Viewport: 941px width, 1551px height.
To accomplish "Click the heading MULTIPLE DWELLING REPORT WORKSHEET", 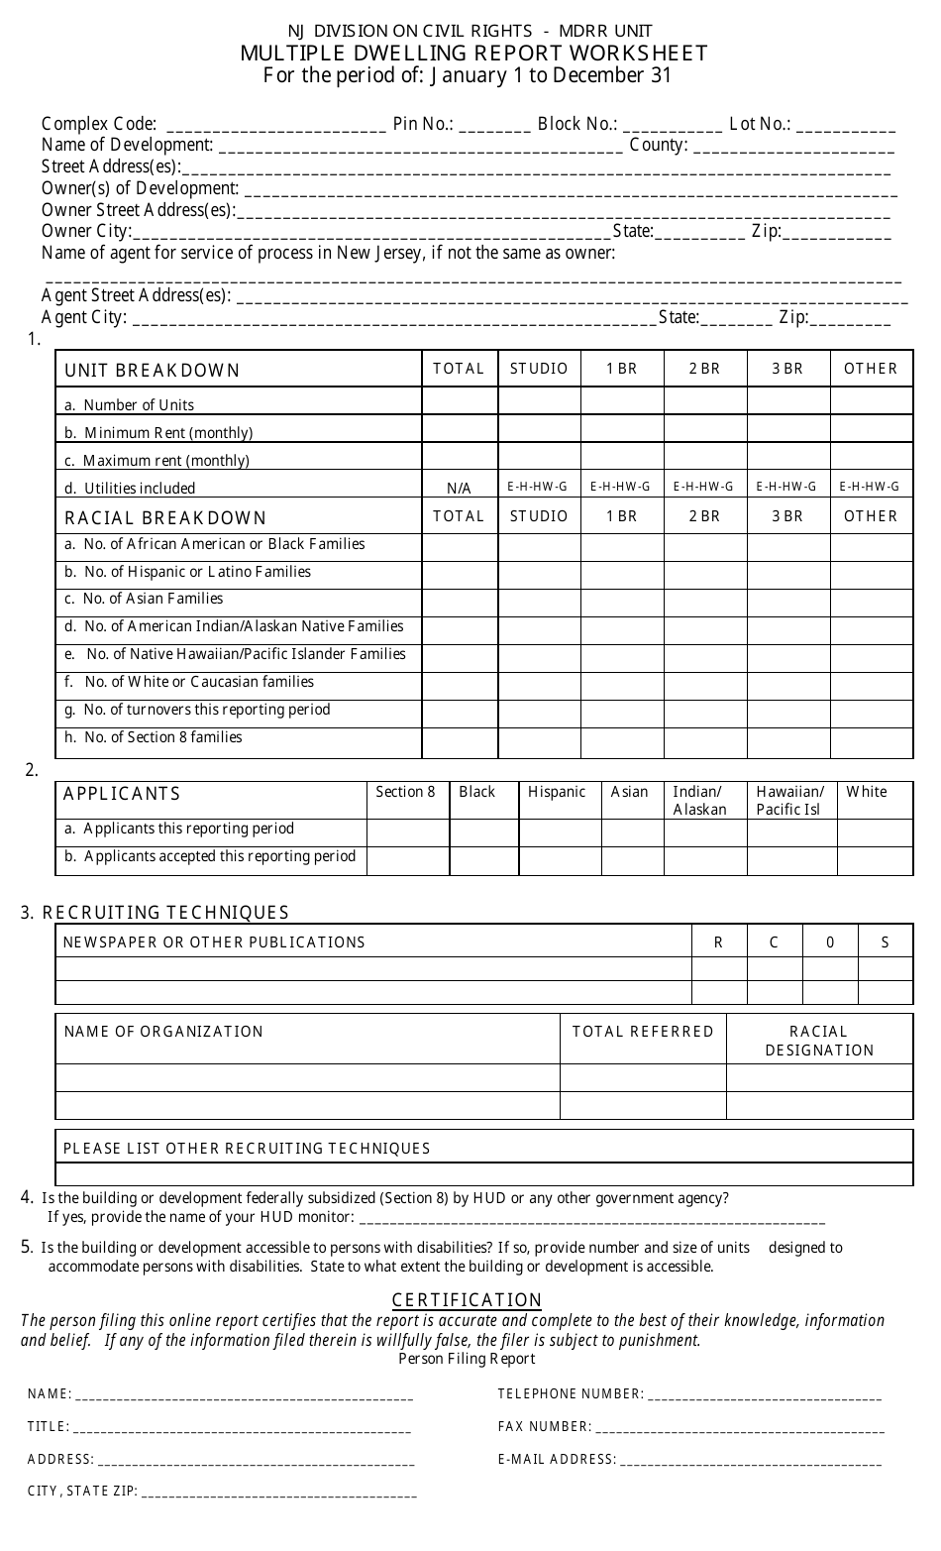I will coord(473,54).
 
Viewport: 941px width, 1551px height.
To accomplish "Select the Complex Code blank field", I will coord(276,126).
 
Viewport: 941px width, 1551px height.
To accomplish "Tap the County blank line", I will coord(793,148).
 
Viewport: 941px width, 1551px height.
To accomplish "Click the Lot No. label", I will coord(760,124).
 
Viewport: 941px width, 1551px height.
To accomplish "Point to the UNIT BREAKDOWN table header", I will coord(153,371).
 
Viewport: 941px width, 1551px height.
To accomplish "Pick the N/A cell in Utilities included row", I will coord(459,488).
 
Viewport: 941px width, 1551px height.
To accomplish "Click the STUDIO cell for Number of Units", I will coord(539,401).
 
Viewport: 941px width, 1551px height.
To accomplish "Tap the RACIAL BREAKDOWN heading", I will coord(165,517).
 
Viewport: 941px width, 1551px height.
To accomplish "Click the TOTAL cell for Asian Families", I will coord(459,603).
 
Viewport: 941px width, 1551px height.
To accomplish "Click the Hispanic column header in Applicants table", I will coord(556,792).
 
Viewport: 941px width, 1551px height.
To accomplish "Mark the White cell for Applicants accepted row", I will coord(875,860).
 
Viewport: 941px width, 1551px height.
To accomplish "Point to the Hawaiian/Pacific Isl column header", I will coord(789,800).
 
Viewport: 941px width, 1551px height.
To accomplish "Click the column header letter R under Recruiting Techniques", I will coord(718,942).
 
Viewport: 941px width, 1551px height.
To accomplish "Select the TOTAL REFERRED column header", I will coord(643,1032).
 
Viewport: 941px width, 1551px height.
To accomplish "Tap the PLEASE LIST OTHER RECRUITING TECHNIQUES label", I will coord(247,1149).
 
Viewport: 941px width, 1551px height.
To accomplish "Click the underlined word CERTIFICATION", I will coord(467,1300).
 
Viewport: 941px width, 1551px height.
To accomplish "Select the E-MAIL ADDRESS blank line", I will coord(750,1460).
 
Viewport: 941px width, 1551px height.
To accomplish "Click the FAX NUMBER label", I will coord(544,1427).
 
